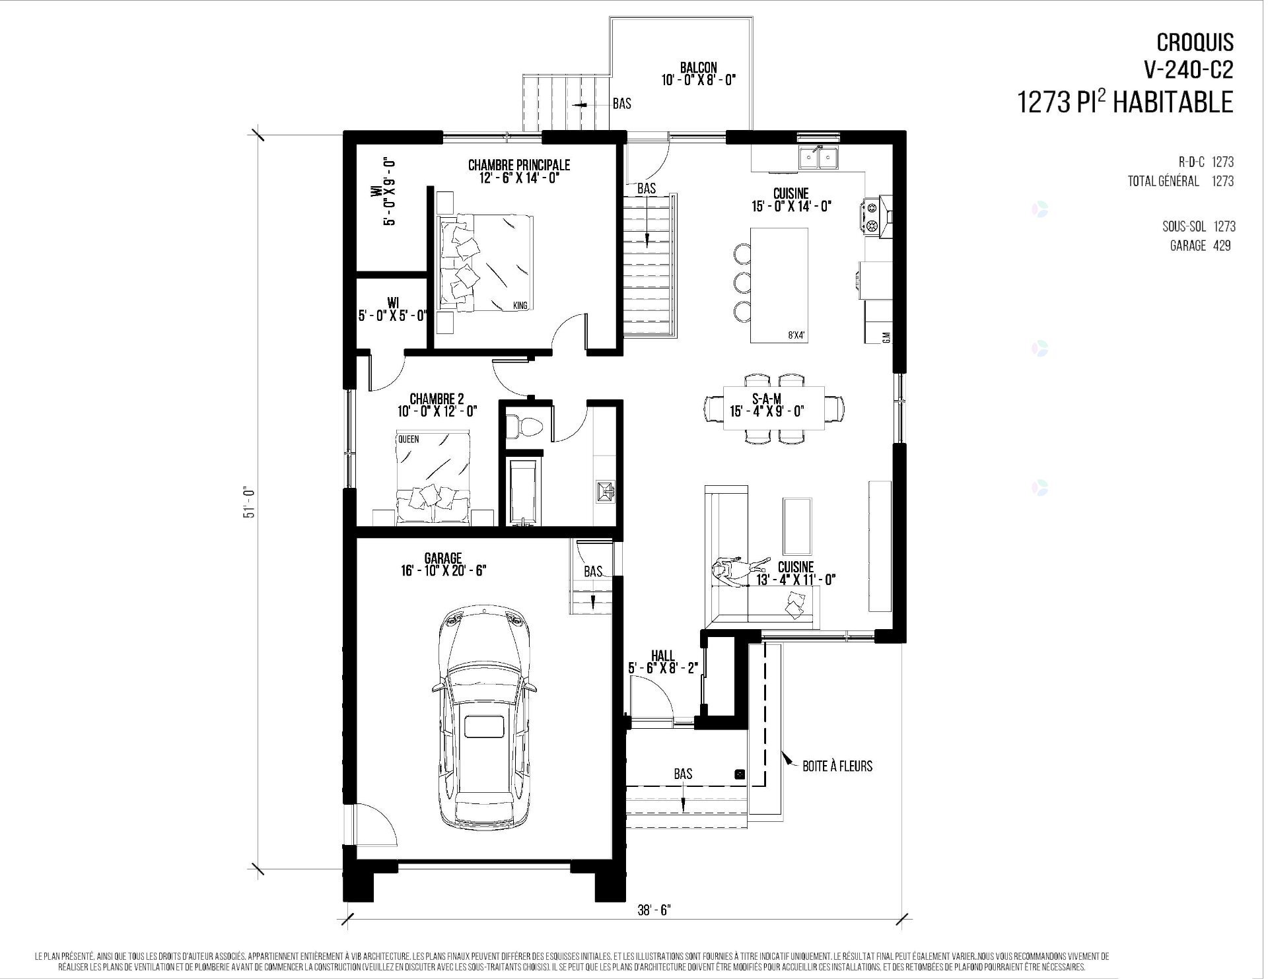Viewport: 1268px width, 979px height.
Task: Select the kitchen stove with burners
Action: click(x=872, y=215)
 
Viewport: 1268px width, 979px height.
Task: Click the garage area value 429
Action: click(x=1221, y=246)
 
